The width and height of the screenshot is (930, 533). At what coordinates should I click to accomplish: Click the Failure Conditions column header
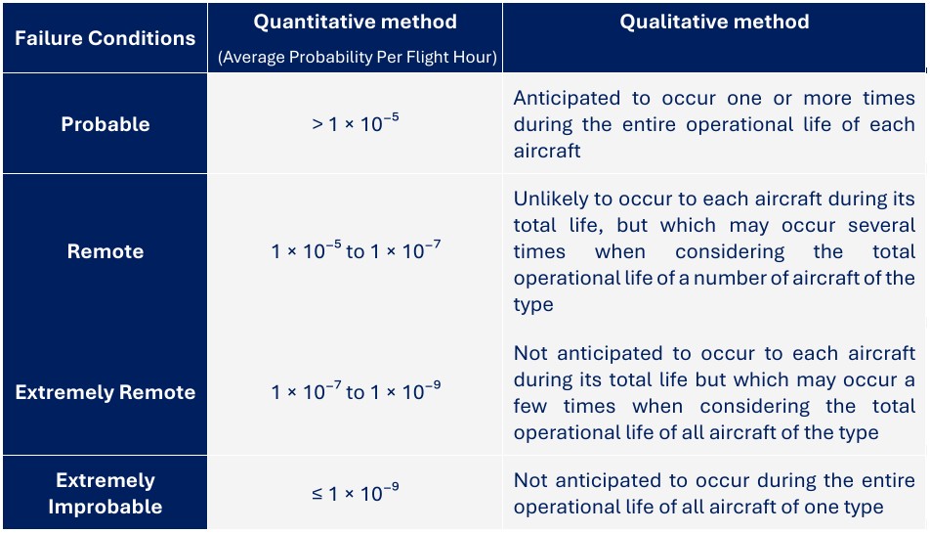point(105,38)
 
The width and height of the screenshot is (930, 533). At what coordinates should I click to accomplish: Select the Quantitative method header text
point(356,22)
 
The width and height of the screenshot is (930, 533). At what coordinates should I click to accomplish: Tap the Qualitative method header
point(714,22)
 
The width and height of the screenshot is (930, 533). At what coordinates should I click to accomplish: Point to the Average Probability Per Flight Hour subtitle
point(358,57)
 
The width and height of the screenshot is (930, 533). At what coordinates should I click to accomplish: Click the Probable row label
point(105,124)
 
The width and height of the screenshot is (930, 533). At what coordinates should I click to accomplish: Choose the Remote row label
point(105,251)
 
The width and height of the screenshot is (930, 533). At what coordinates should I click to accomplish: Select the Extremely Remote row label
point(105,392)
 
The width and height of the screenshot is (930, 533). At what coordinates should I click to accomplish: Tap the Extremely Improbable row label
point(105,493)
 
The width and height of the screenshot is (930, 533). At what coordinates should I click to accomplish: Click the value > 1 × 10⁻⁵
point(356,123)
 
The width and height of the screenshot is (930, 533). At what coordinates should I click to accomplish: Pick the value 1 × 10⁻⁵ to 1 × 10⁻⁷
point(356,250)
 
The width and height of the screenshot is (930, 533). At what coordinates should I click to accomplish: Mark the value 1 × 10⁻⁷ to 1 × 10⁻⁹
point(356,391)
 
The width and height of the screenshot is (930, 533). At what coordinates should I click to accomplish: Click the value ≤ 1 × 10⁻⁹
point(356,493)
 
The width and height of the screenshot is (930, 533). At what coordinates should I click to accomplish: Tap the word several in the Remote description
point(881,226)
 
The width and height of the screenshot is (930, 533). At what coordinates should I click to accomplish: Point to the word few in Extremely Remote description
point(529,406)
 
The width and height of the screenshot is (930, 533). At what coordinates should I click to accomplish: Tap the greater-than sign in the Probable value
point(317,124)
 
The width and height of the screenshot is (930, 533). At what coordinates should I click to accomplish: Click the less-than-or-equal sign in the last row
point(317,493)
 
